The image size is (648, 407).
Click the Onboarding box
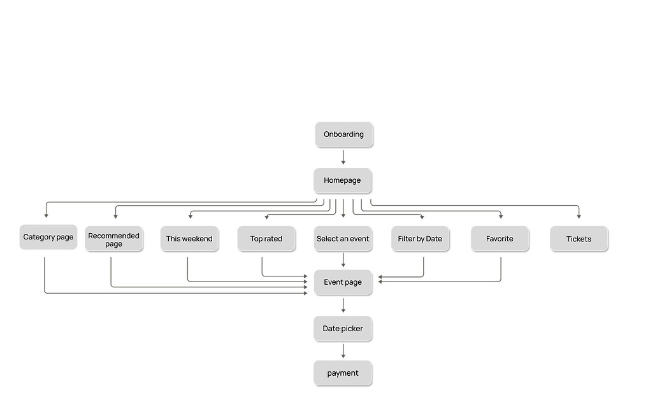343,134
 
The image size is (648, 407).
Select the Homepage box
343,180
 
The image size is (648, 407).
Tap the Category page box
48,238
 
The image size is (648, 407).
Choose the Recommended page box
113,239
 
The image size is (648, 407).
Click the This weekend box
189,239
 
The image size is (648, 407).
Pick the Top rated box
266,239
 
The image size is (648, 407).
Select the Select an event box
343,239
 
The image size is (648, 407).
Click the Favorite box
500,239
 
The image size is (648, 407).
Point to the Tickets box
579,239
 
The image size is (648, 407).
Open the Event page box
343,282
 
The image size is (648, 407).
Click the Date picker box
343,328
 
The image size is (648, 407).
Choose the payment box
343,373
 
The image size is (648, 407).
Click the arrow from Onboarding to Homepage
343,157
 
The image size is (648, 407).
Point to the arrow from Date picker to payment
343,351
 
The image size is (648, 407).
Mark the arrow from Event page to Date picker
343,306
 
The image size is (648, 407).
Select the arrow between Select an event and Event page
343,261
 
